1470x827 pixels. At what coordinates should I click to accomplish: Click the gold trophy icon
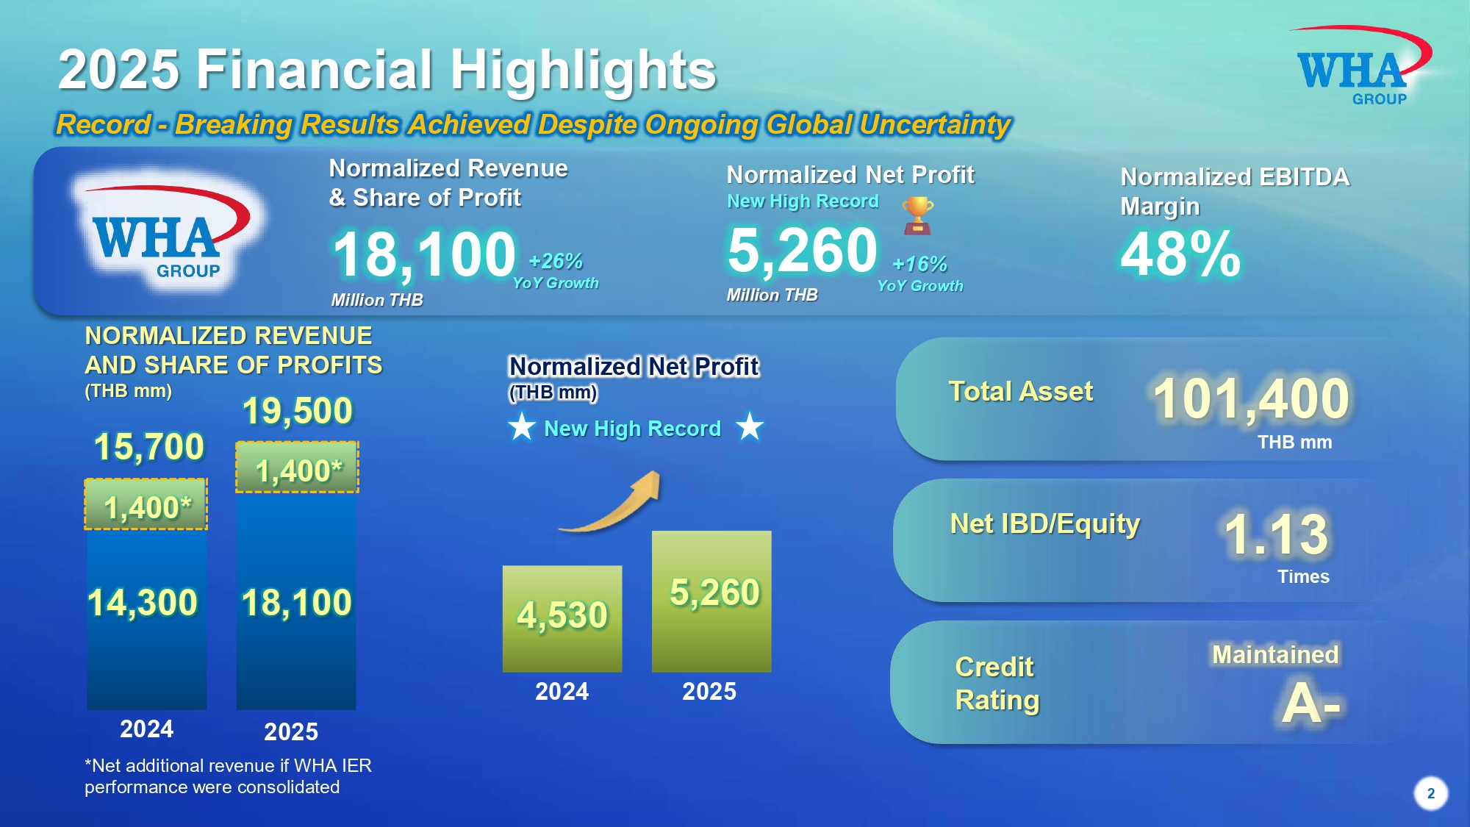click(917, 215)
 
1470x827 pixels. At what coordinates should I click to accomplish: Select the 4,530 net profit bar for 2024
click(562, 618)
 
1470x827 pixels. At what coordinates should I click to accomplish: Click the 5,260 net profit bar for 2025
click(711, 601)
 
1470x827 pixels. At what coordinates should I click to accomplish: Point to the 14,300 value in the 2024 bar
click(143, 603)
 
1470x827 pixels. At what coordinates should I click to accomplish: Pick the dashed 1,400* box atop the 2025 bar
click(297, 467)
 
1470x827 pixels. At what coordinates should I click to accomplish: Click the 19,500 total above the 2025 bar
click(298, 410)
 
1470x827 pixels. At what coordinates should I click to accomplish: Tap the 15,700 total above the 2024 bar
click(149, 446)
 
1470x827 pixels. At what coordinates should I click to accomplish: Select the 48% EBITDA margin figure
click(1180, 254)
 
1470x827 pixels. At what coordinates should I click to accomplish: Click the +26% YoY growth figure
click(556, 261)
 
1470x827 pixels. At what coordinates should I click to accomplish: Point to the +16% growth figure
click(919, 264)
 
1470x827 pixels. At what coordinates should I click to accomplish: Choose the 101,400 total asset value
click(1251, 398)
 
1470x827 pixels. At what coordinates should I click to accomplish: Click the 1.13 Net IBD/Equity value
click(1276, 534)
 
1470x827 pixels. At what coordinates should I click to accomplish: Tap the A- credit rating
click(1311, 703)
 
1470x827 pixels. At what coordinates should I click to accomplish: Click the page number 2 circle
click(1430, 793)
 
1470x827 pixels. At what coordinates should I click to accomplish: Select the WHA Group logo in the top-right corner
click(1360, 66)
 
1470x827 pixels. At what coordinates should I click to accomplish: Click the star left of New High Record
click(522, 426)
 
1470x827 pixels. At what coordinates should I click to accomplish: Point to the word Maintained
click(1275, 654)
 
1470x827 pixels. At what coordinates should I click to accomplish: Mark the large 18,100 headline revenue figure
click(424, 254)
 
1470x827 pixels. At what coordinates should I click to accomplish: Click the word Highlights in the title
click(583, 70)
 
